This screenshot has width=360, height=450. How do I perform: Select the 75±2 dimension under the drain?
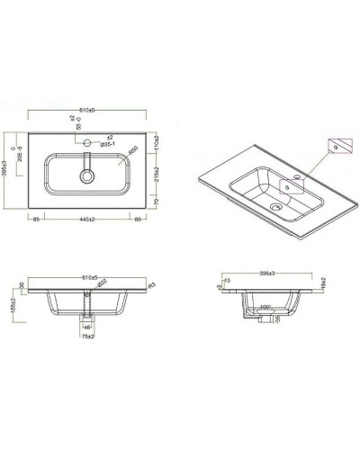(86, 339)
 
